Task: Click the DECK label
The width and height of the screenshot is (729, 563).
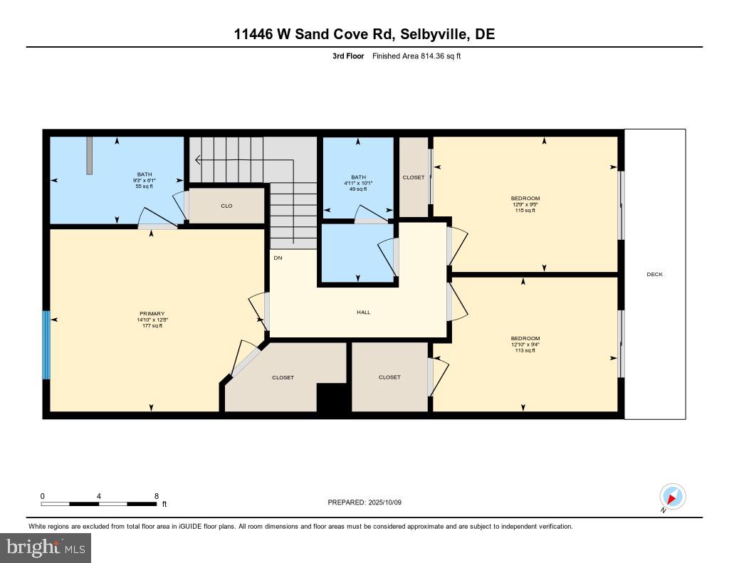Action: click(x=654, y=274)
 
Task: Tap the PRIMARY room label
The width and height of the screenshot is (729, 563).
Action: click(x=152, y=314)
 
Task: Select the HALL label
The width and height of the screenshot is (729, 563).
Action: click(x=363, y=312)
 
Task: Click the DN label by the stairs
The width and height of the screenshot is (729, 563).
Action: click(x=277, y=258)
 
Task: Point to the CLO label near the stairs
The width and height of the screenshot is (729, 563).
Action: click(x=226, y=206)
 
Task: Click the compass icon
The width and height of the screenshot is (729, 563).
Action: click(x=672, y=496)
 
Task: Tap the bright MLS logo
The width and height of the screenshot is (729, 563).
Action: click(x=46, y=547)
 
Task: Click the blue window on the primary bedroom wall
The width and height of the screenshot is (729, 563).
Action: click(x=47, y=345)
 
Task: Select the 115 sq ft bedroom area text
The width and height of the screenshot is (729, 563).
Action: click(x=525, y=211)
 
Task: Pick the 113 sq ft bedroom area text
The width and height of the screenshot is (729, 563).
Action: click(x=525, y=351)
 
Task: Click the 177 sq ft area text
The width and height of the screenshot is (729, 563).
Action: click(x=152, y=326)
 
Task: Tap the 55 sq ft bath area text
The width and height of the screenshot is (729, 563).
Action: click(x=145, y=186)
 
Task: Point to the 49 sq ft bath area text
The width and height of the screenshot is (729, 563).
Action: click(x=357, y=189)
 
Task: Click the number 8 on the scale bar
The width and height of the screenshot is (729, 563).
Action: click(x=156, y=495)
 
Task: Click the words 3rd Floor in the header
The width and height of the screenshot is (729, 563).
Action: click(x=347, y=56)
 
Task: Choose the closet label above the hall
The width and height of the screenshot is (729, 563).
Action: click(x=413, y=177)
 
